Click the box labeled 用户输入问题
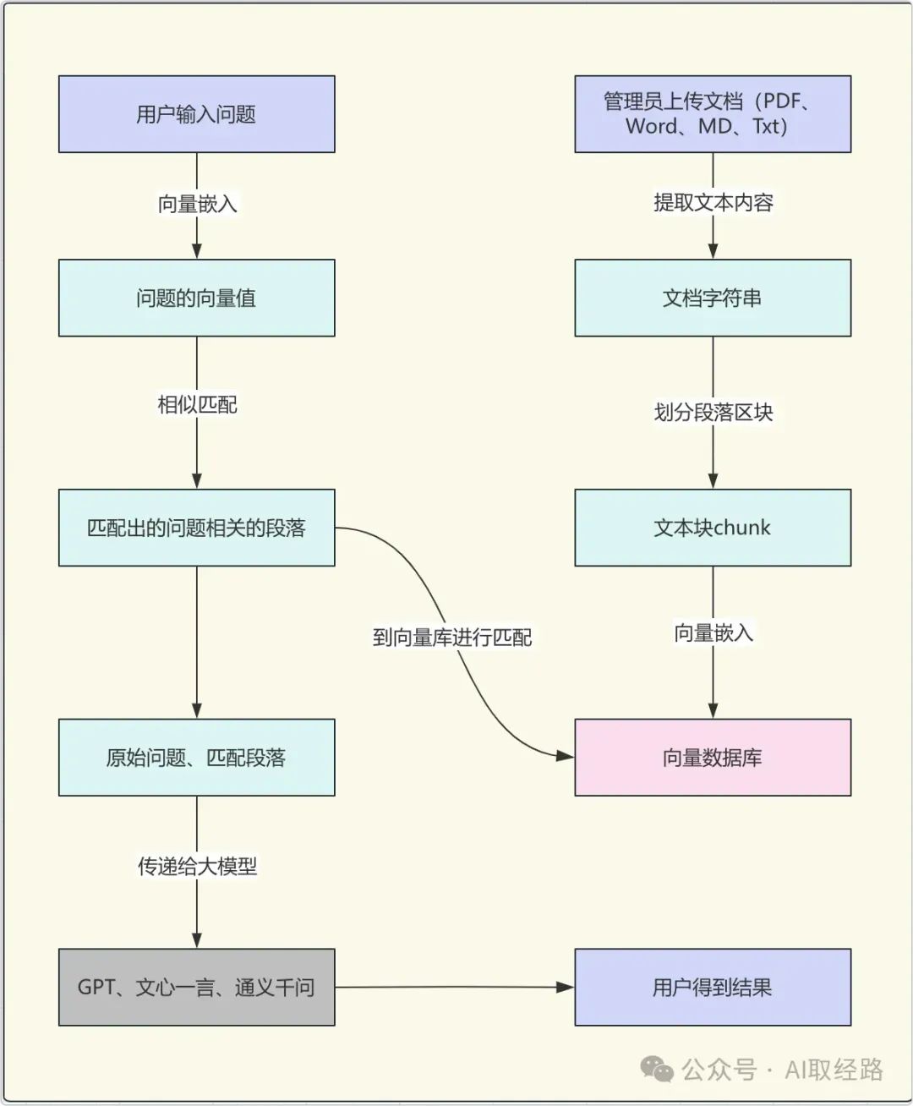click(196, 114)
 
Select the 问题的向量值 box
click(196, 298)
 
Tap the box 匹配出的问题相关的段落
click(196, 528)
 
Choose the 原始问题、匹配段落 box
click(196, 757)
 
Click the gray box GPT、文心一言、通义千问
click(196, 987)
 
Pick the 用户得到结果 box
click(712, 987)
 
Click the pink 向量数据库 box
click(712, 757)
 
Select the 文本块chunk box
click(712, 528)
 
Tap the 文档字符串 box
click(712, 298)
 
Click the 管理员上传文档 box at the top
click(712, 114)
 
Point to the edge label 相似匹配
click(197, 405)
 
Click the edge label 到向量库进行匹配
click(452, 637)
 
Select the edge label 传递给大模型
click(197, 866)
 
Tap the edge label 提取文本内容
click(713, 203)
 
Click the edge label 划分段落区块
click(713, 412)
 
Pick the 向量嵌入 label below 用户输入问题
click(197, 204)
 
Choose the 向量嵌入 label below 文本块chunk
click(713, 632)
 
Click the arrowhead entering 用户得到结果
click(565, 987)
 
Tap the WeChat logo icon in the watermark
click(657, 1069)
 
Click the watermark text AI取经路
click(834, 1070)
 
